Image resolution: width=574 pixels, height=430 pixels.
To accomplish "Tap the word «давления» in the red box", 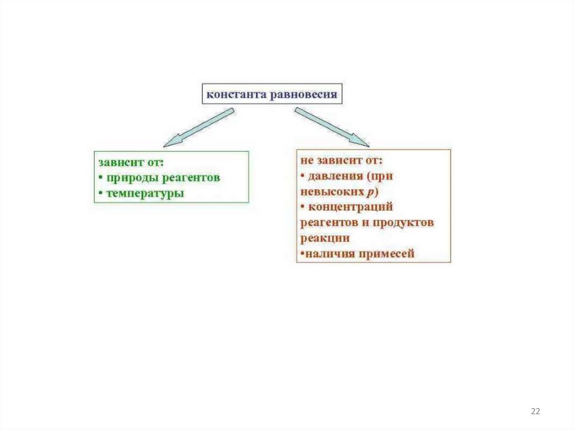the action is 335,176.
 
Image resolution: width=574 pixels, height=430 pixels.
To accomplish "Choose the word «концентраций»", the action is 351,207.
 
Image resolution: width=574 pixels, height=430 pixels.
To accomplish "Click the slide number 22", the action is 535,412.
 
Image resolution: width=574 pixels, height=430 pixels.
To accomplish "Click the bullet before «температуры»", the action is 101,193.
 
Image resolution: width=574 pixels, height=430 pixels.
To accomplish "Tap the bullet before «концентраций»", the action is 302,207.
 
